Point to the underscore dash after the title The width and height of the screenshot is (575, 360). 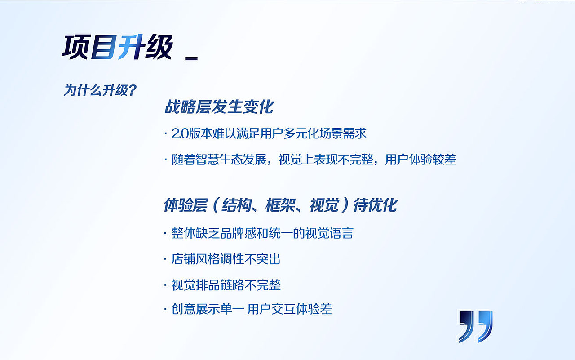tap(191, 58)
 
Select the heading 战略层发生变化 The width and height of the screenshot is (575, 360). tap(219, 107)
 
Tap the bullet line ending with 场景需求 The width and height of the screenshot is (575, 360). tap(269, 133)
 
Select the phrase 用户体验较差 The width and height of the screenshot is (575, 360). tap(420, 160)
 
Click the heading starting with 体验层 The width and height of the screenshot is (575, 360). tap(280, 205)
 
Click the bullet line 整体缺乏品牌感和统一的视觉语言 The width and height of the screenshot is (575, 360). tap(262, 233)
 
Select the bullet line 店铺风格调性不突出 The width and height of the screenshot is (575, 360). tap(226, 259)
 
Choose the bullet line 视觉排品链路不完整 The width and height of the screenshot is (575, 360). tap(226, 285)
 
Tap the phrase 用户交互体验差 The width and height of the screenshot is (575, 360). tap(290, 309)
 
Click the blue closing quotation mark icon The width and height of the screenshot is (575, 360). tap(476, 326)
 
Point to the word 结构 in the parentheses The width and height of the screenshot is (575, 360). tap(238, 205)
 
